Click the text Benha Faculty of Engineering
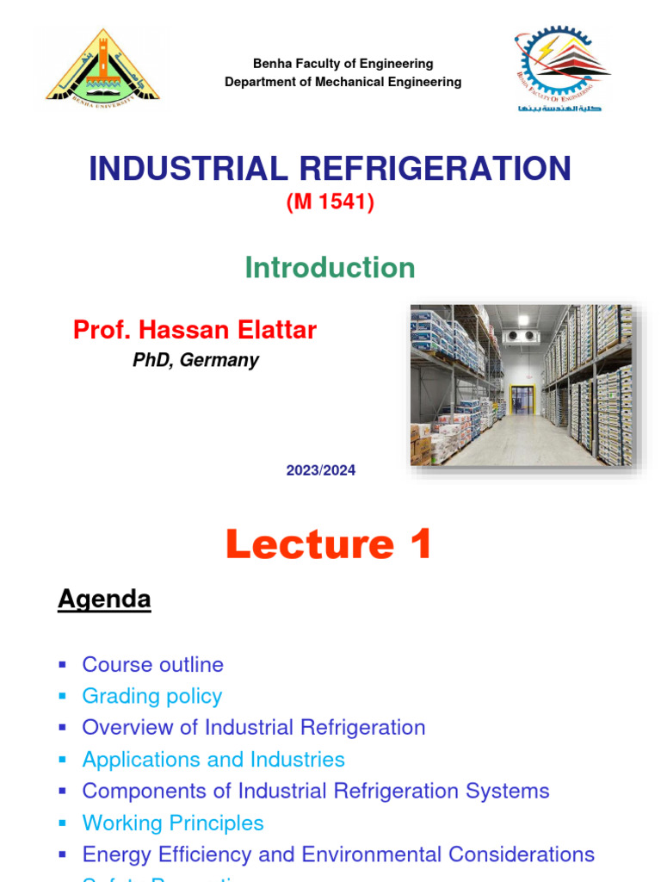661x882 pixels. click(343, 64)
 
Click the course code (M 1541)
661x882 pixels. click(330, 204)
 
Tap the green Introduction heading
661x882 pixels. click(330, 268)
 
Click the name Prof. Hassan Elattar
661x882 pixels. click(195, 330)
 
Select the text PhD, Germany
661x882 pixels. click(195, 360)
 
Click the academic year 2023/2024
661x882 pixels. click(321, 470)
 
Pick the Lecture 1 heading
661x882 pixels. click(329, 544)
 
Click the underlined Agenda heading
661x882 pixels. click(104, 599)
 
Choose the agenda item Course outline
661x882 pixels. click(152, 665)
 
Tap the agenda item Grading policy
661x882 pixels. click(151, 696)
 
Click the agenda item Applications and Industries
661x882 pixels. click(213, 760)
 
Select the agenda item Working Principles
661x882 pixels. click(173, 823)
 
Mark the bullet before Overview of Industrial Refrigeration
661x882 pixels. click(62, 728)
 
